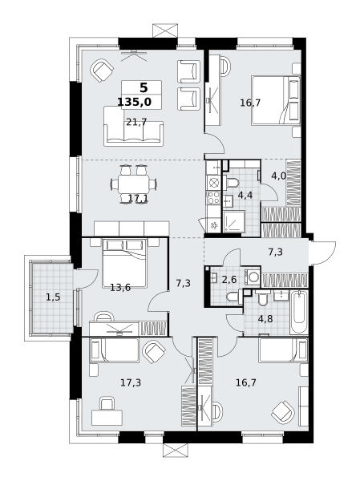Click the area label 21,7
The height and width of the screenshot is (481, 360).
click(x=136, y=122)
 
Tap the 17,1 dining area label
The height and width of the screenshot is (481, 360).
click(x=138, y=199)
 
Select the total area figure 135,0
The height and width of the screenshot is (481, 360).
click(x=135, y=102)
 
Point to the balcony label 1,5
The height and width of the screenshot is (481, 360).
click(x=53, y=297)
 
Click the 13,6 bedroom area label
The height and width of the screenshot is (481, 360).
click(x=120, y=288)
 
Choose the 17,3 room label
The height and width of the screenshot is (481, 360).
click(x=131, y=382)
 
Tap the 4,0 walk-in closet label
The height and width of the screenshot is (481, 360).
click(x=279, y=176)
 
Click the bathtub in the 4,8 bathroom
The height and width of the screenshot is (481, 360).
click(x=299, y=313)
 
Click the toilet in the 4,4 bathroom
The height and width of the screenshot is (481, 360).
click(x=231, y=183)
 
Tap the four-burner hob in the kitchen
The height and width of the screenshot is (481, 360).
click(x=213, y=197)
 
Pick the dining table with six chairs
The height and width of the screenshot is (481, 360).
click(x=134, y=184)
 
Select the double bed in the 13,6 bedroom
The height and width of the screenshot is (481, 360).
click(x=124, y=263)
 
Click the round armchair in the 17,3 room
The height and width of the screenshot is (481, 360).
click(x=154, y=352)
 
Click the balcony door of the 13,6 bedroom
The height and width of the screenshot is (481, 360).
click(x=86, y=279)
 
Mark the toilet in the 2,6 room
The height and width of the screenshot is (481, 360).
click(x=233, y=297)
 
